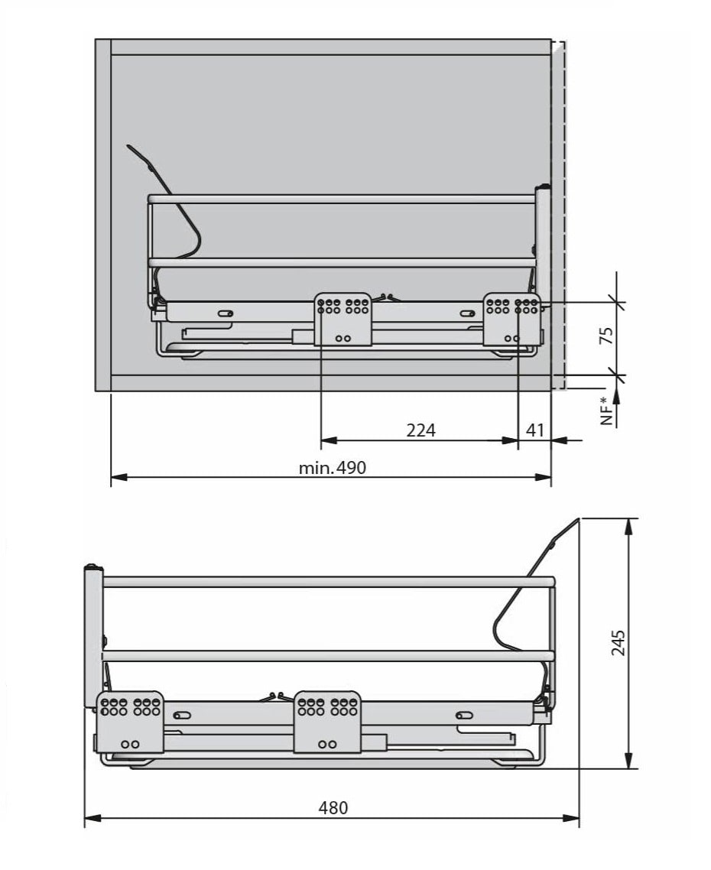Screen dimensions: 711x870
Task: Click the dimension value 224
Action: (420, 430)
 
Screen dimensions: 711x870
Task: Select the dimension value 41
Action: (535, 430)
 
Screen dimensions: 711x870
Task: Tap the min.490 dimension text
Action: (333, 468)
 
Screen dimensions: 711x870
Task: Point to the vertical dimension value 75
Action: (607, 336)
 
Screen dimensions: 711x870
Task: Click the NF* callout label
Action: (608, 411)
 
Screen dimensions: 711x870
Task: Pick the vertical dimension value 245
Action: (618, 642)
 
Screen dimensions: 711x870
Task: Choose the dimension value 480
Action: (333, 807)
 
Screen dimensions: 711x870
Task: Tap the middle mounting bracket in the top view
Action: (343, 320)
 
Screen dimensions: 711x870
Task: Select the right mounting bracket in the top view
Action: (511, 320)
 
